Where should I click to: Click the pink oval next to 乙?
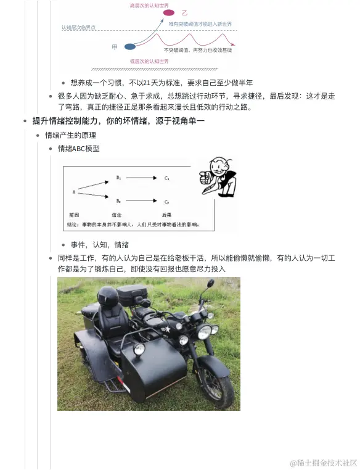pos(169,12)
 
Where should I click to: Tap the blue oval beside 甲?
pos(130,46)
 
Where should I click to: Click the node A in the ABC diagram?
pos(74,192)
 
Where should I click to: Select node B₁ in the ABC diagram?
pos(119,178)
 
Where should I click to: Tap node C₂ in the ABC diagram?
pos(167,202)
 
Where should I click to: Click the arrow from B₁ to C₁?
pos(143,178)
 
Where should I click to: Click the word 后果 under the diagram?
pos(166,215)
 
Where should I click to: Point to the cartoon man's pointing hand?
pos(205,179)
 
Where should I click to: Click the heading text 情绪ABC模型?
pos(79,149)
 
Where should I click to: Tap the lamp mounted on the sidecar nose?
pos(139,350)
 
